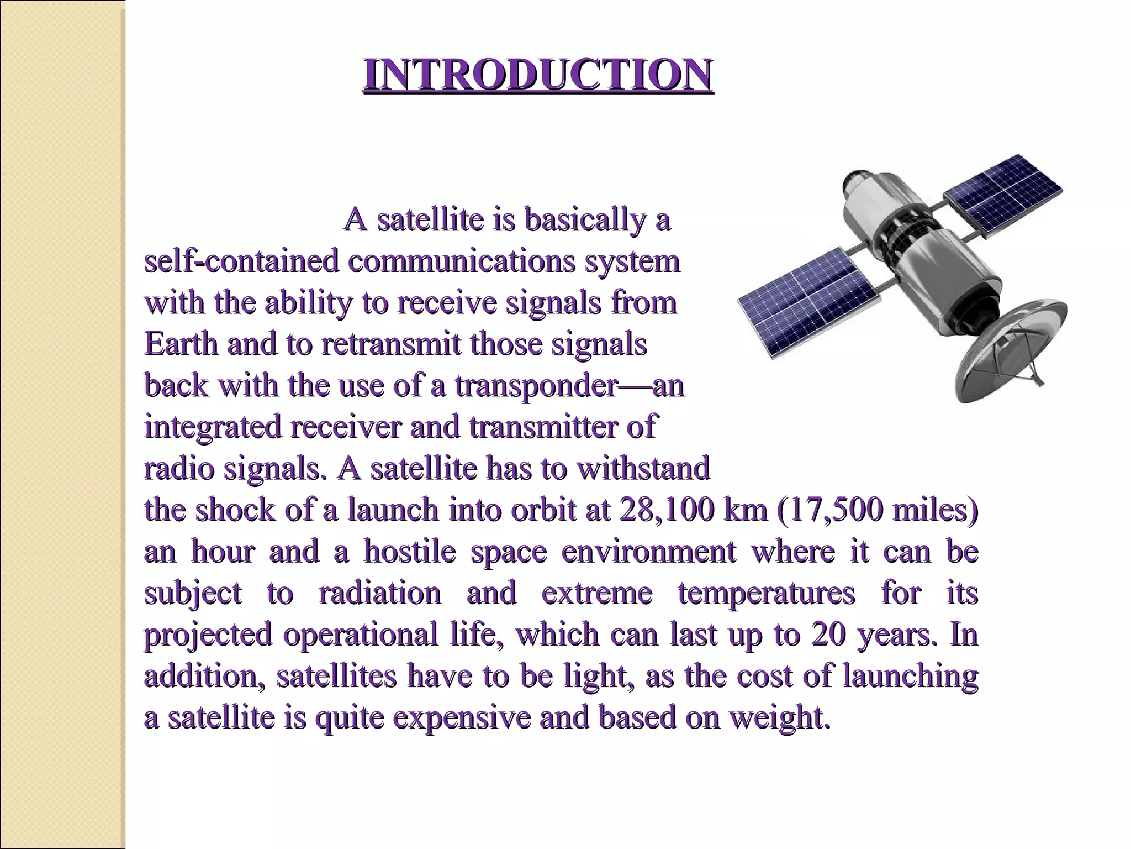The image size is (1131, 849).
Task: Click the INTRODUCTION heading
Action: [x=538, y=75]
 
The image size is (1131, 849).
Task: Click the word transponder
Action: [x=535, y=385]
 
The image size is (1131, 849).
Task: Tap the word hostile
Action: [x=409, y=552]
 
